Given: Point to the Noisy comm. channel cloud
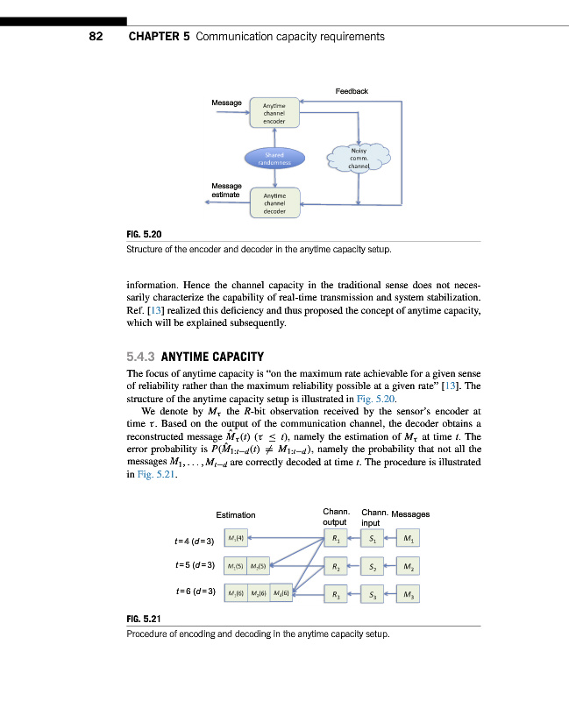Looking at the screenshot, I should click(358, 158).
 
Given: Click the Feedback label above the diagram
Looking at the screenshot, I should click(352, 91).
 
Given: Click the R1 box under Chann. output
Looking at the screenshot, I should click(334, 538).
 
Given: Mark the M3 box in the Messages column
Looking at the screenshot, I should click(409, 595).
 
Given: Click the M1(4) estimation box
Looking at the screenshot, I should click(236, 538).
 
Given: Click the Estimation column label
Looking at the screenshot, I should click(236, 514).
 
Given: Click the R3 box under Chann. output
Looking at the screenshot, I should click(334, 595).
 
